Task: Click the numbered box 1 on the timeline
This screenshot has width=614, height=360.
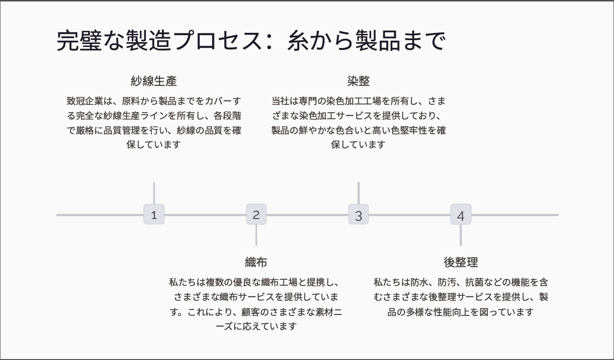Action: click(154, 214)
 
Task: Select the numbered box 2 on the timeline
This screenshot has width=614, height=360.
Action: click(256, 214)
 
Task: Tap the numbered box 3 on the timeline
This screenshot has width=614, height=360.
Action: click(358, 214)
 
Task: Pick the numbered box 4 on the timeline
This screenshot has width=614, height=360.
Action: click(461, 214)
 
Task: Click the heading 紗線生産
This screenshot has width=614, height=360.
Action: click(154, 81)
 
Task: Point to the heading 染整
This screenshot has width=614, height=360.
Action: click(358, 81)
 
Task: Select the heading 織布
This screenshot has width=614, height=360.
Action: click(256, 263)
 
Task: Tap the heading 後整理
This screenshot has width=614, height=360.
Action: click(461, 263)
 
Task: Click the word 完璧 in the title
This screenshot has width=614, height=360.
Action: click(79, 41)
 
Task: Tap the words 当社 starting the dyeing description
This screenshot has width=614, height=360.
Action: click(281, 101)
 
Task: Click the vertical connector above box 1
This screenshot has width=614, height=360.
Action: click(154, 193)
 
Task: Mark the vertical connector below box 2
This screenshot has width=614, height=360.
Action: click(256, 235)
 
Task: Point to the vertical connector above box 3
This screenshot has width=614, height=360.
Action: click(358, 193)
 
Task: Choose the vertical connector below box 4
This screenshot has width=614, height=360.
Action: click(461, 235)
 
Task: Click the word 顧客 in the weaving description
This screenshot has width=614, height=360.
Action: click(251, 312)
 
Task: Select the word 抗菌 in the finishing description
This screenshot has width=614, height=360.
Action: click(474, 282)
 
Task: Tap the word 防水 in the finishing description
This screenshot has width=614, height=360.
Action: click(420, 282)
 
